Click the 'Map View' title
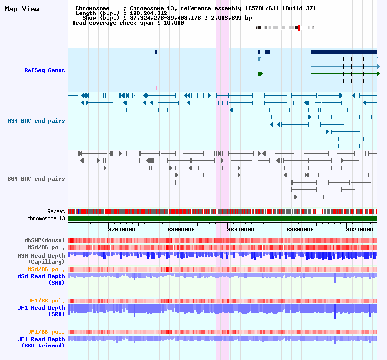pyautogui.click(x=22, y=9)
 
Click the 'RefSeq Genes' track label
pyautogui.click(x=45, y=70)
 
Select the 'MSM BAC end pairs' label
pyautogui.click(x=36, y=121)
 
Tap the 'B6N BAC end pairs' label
pyautogui.click(x=36, y=179)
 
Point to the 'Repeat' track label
pyautogui.click(x=56, y=211)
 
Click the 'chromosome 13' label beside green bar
pyautogui.click(x=46, y=218)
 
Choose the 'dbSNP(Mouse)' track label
pyautogui.click(x=45, y=240)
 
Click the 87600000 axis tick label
pyautogui.click(x=122, y=230)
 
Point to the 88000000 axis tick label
pyautogui.click(x=181, y=230)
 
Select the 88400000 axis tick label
pyautogui.click(x=240, y=230)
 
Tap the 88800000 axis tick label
pyautogui.click(x=300, y=230)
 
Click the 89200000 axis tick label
pyautogui.click(x=359, y=230)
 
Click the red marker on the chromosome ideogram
pyautogui.click(x=299, y=28)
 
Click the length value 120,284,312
pyautogui.click(x=149, y=13)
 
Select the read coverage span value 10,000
pyautogui.click(x=174, y=23)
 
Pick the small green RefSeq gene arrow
pyautogui.click(x=260, y=74)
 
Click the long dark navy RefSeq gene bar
pyautogui.click(x=345, y=52)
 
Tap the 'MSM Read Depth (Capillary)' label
pyautogui.click(x=41, y=259)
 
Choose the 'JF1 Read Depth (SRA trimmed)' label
pyautogui.click(x=41, y=342)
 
